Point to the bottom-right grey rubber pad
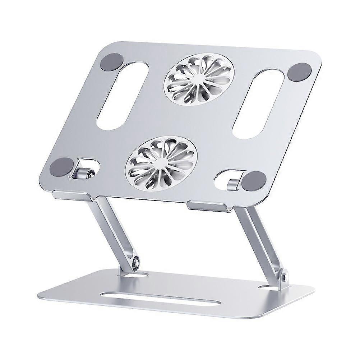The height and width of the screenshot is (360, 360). [254, 180]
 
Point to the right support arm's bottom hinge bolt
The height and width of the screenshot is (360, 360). [285, 277]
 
